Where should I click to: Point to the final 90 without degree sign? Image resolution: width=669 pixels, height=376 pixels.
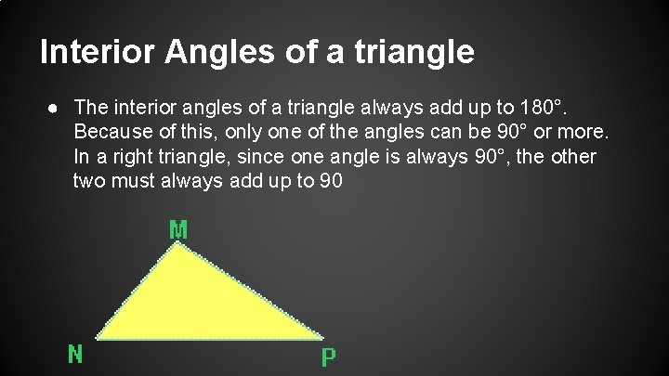click(x=330, y=181)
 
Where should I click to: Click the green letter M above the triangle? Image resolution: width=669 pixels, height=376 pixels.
click(x=178, y=228)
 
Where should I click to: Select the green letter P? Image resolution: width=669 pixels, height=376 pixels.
click(x=328, y=356)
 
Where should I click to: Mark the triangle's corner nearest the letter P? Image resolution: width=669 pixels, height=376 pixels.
click(x=321, y=337)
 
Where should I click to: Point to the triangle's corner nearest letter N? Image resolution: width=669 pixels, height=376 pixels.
click(x=97, y=337)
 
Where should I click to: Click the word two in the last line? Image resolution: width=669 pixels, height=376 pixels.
click(x=89, y=181)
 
